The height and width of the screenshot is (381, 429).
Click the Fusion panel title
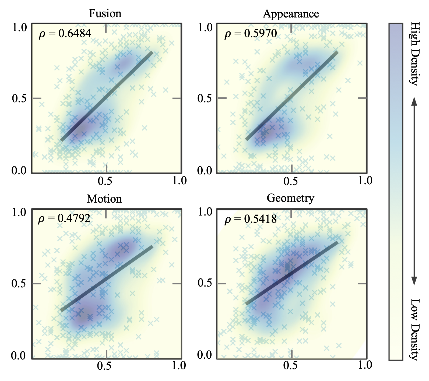[105, 13]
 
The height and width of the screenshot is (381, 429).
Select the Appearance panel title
[291, 14]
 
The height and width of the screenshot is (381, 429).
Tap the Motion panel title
[104, 199]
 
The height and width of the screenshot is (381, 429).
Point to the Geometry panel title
[290, 198]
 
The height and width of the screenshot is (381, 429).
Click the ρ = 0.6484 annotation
[65, 33]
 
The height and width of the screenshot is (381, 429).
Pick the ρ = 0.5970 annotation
[251, 33]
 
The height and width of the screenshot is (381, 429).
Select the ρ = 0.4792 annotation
[64, 218]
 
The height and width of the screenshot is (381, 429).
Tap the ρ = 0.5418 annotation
[250, 219]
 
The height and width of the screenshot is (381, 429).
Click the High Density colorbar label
[415, 54]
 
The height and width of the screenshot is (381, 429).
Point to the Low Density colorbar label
[415, 329]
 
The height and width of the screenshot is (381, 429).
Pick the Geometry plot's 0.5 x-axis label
[291, 365]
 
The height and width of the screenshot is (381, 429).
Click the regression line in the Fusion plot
[107, 96]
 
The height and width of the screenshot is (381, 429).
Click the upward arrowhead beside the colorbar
[414, 101]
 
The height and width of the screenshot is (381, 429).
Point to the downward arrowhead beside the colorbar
[414, 281]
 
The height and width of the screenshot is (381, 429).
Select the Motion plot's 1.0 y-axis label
[19, 213]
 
